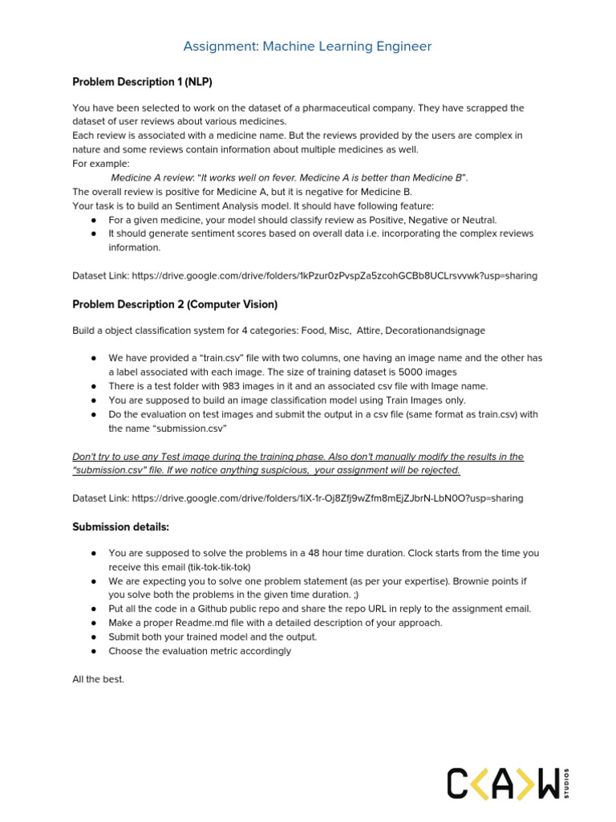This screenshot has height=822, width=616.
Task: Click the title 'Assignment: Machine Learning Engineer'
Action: (x=307, y=47)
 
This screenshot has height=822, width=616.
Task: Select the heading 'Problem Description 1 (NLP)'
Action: (x=142, y=82)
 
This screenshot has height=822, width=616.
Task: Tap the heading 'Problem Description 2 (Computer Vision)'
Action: (x=175, y=304)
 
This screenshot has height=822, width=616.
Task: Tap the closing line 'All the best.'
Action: (x=99, y=679)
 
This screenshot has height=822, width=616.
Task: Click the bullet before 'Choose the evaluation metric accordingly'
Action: (x=94, y=651)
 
